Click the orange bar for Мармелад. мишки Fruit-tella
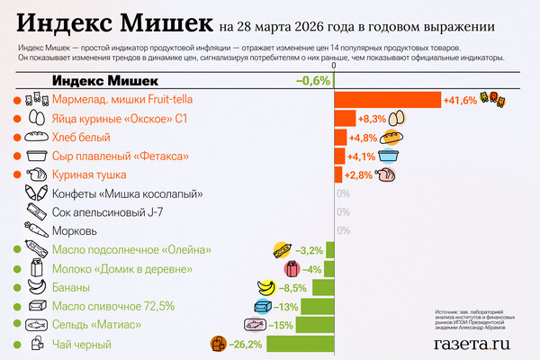(387, 99)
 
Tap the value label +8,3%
(372, 118)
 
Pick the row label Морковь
(82, 230)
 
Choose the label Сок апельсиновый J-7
(108, 211)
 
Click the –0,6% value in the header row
(313, 81)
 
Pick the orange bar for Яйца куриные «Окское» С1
(344, 118)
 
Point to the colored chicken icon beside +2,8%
(387, 175)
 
